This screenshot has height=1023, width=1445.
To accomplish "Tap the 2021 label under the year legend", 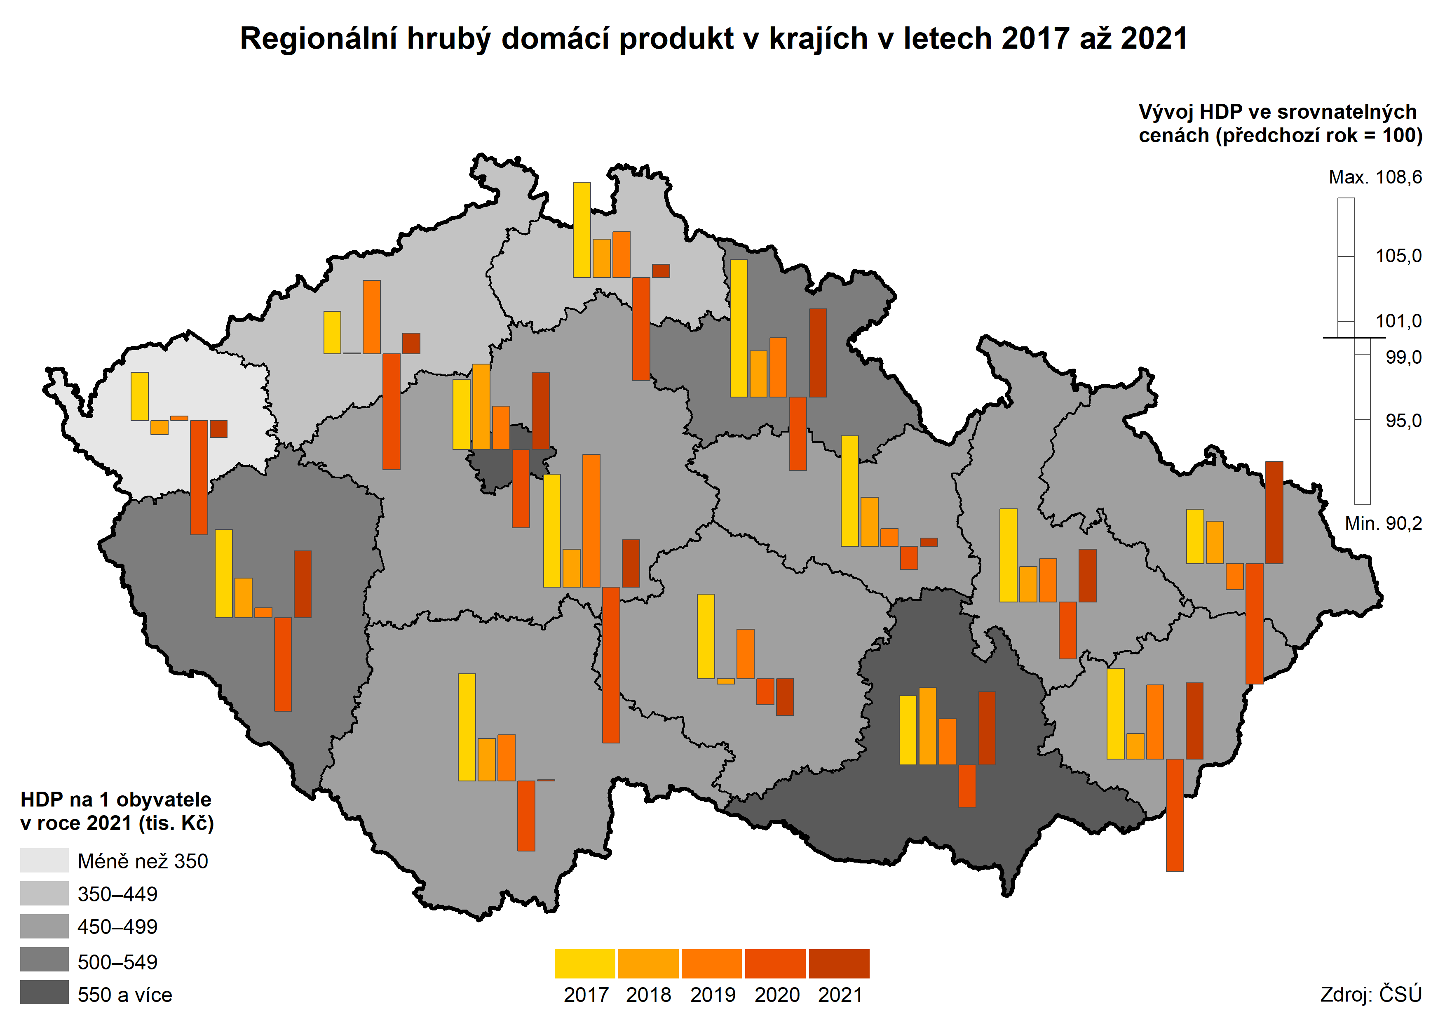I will [839, 995].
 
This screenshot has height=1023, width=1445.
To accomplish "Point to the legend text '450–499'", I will [117, 927].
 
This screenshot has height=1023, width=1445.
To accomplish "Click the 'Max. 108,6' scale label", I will [1375, 178].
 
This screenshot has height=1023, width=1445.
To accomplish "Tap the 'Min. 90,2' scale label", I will [1383, 524].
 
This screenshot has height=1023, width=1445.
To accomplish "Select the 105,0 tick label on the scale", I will [1398, 256].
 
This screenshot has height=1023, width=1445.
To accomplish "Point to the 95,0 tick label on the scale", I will [1403, 421].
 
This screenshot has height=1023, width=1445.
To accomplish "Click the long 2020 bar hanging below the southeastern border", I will [1174, 815].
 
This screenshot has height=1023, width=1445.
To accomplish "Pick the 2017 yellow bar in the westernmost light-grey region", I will [139, 396].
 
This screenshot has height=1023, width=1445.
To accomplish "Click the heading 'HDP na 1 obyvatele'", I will [116, 800].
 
